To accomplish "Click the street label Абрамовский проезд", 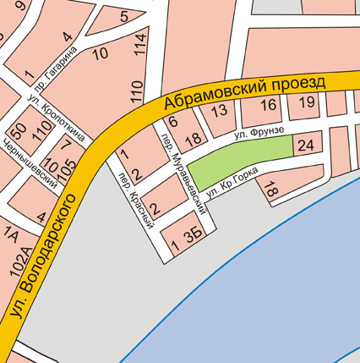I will [245, 91].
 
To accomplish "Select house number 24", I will [306, 146].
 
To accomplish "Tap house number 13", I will [220, 110].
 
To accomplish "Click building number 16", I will [269, 105].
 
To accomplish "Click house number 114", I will [139, 44].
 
